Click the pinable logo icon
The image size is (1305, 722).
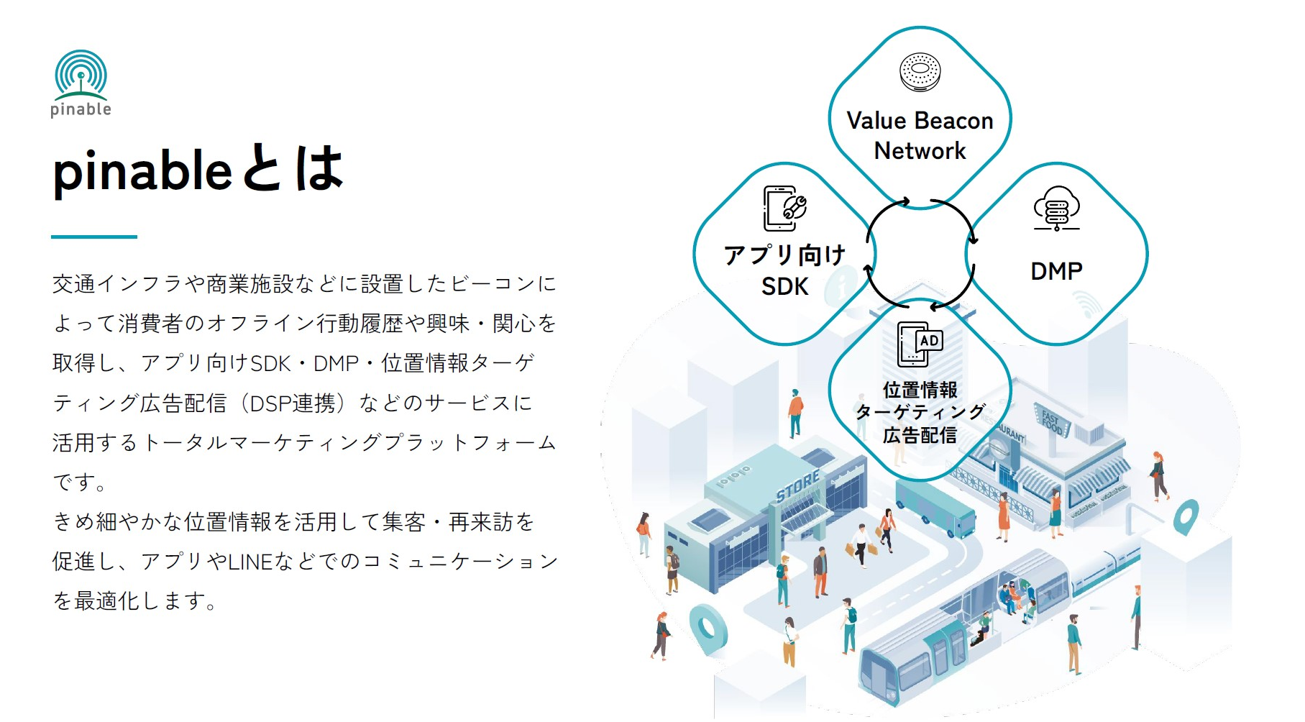(81, 74)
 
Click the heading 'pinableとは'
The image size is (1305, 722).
(197, 170)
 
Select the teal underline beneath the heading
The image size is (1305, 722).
(93, 236)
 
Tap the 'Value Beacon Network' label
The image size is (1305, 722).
(920, 135)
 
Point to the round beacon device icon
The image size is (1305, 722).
(920, 72)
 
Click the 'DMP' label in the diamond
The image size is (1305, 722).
(1056, 271)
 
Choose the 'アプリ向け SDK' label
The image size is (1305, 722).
(784, 270)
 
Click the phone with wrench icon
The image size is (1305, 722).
(784, 208)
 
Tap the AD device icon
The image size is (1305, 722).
(920, 344)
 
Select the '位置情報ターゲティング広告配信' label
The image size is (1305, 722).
(920, 412)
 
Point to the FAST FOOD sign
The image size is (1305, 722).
(1052, 421)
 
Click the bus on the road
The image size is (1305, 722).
(935, 507)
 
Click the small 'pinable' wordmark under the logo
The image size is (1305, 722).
(81, 109)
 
